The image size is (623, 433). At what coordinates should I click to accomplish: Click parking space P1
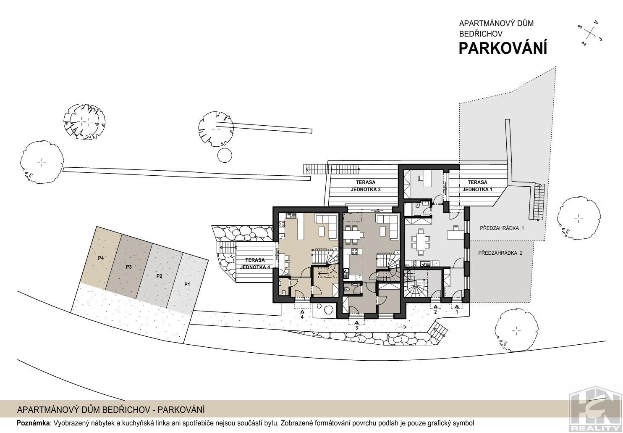point(187,284)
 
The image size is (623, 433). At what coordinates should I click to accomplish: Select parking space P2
point(160,276)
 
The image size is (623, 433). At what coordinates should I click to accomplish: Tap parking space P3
point(128,267)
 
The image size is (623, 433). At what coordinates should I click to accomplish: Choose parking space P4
point(101,258)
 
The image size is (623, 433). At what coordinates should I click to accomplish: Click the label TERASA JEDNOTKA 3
point(366,186)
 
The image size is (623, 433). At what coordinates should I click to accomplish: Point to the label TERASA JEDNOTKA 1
point(477,186)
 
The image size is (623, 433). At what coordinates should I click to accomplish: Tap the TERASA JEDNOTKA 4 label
point(255,264)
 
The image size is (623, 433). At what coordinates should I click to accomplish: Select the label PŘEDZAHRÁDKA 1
point(502,228)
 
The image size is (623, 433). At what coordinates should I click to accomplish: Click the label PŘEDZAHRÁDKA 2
point(500,253)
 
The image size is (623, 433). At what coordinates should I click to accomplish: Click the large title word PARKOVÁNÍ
point(503,48)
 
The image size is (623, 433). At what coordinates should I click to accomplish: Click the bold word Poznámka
point(34,423)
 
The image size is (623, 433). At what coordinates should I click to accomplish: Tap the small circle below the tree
point(225,155)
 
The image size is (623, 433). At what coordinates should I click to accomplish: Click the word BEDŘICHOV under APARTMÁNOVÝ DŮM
point(481,34)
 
